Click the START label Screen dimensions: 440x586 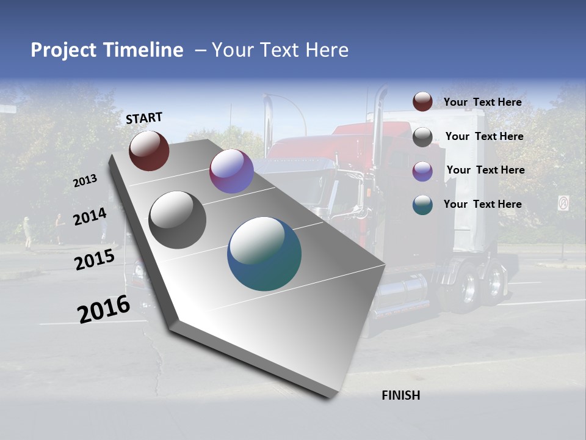[x=144, y=118]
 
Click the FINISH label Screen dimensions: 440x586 [x=401, y=395]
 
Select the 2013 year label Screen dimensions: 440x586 [x=85, y=181]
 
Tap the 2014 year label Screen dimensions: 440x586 [x=90, y=216]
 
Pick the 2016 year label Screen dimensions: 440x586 [x=104, y=309]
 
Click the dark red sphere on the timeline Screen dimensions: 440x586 [x=149, y=150]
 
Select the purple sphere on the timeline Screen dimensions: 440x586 [x=231, y=171]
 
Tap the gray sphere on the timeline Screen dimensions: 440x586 [x=177, y=220]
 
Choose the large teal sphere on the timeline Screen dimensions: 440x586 [x=264, y=254]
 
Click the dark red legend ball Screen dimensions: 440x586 [x=422, y=101]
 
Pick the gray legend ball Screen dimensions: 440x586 [x=422, y=137]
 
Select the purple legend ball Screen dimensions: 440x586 [x=422, y=171]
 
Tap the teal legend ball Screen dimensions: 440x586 [x=422, y=205]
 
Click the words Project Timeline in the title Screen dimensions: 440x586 [x=107, y=50]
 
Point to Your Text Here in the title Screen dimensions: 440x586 [x=280, y=50]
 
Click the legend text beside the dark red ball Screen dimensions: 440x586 [x=482, y=102]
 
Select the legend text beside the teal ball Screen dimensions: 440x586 [x=482, y=204]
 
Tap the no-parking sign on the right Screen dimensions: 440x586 [x=563, y=203]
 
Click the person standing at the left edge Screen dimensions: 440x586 [x=27, y=232]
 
